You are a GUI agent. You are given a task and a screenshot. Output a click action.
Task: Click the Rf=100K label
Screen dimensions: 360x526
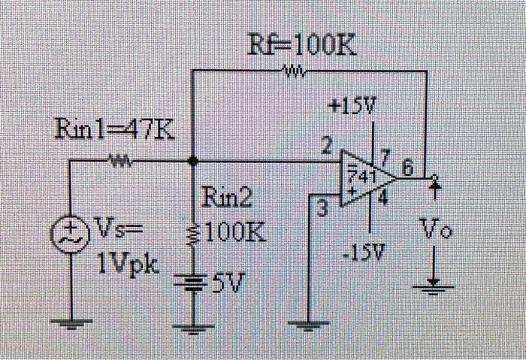pos(302,47)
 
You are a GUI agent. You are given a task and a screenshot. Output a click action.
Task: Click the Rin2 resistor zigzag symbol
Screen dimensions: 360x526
pos(193,233)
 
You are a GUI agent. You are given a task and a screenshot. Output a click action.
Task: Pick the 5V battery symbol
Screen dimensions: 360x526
pos(193,282)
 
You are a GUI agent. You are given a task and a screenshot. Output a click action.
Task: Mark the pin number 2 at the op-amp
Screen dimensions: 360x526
pos(326,147)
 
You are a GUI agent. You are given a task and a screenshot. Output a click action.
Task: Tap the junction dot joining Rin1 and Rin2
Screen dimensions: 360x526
pos(193,160)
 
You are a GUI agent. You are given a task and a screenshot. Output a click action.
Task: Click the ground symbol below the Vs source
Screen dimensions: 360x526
pos(72,322)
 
